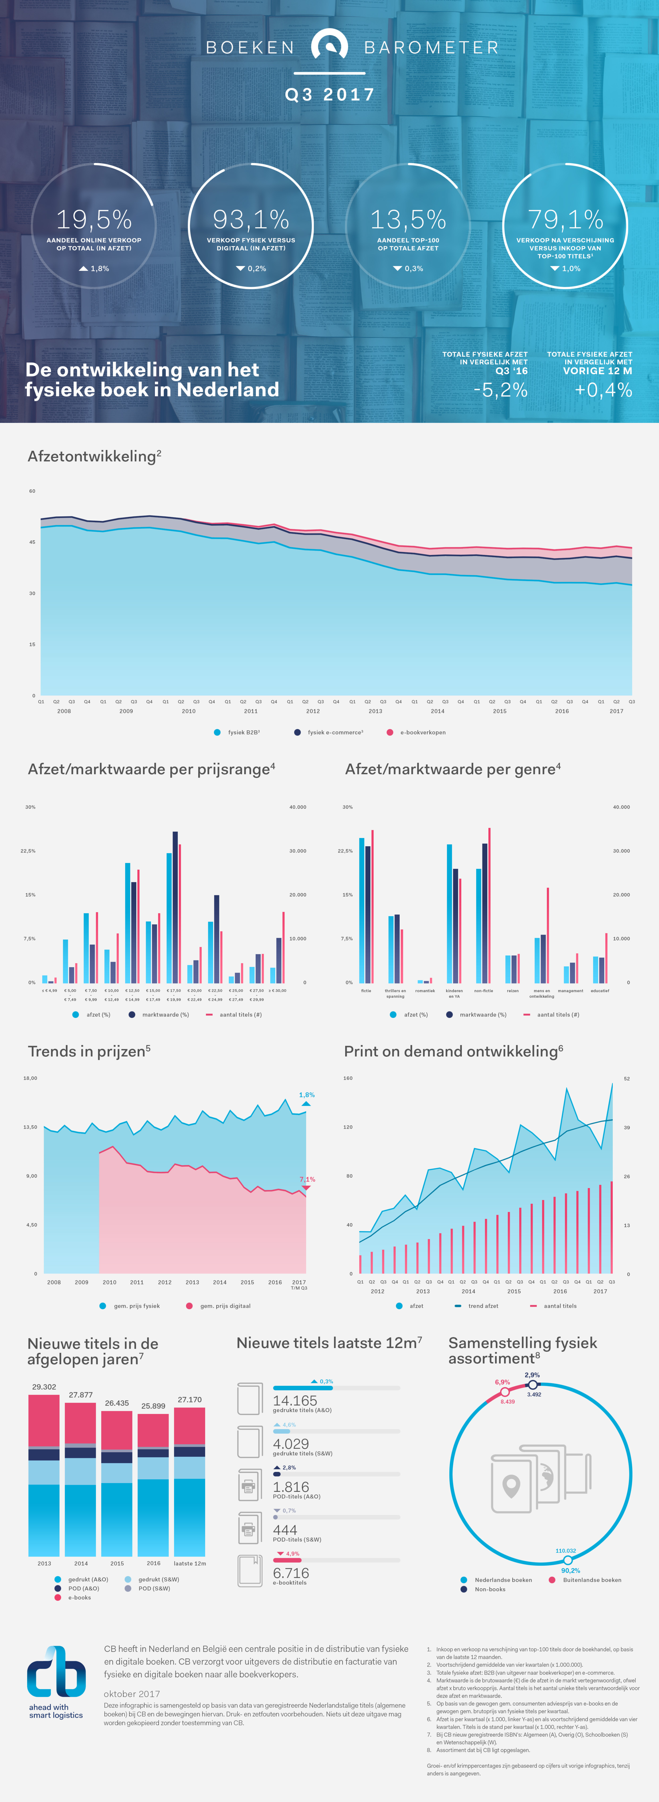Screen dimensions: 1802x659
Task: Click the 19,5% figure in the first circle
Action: (94, 220)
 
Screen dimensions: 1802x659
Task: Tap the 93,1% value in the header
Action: (250, 220)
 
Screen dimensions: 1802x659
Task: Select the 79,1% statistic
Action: (565, 220)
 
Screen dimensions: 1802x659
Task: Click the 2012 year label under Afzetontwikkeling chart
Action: (313, 711)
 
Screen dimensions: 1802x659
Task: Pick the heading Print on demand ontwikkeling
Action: (453, 1051)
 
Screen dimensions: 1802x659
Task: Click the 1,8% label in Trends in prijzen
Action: (306, 1095)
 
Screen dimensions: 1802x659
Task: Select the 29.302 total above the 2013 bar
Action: (44, 1387)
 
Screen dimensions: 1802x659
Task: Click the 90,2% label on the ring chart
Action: (570, 1570)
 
